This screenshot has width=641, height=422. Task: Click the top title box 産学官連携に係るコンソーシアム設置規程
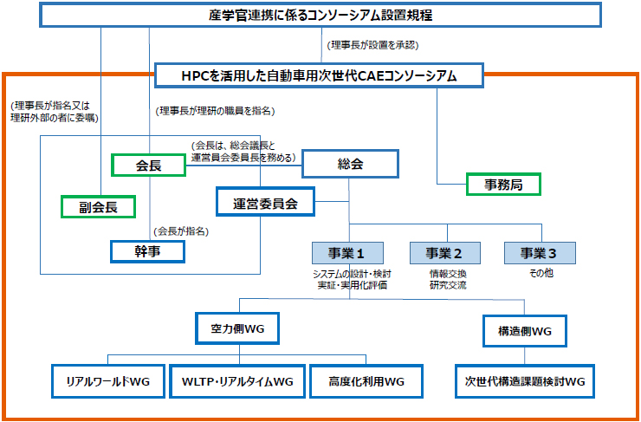320,16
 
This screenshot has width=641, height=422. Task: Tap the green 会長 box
148,165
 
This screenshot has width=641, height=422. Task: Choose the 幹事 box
148,250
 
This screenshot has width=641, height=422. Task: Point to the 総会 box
349,163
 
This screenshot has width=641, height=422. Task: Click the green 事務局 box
502,184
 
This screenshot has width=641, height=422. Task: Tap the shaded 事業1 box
348,253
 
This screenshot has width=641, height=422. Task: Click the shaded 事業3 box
541,253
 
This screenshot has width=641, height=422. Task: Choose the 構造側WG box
525,330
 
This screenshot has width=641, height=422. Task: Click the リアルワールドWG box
107,380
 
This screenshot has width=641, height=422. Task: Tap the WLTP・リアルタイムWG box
236,380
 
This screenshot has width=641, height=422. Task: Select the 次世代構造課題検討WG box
525,380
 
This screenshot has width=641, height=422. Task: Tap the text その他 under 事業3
541,274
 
